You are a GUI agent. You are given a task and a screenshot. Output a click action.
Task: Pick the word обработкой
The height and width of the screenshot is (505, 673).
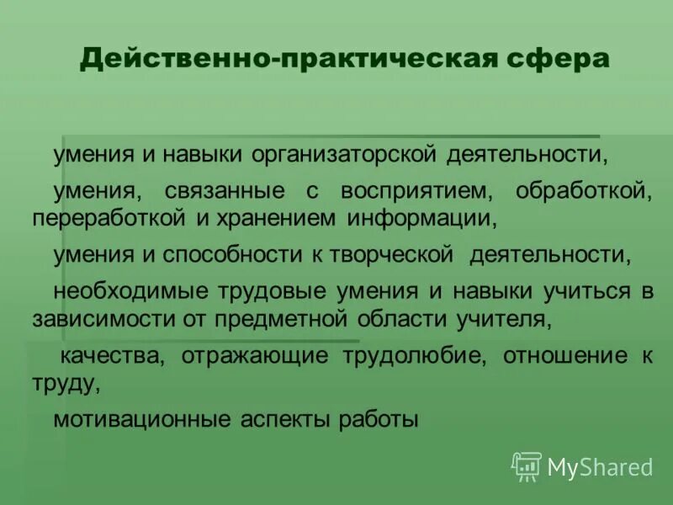[584, 191]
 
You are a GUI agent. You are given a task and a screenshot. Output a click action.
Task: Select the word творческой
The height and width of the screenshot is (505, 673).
[391, 255]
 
